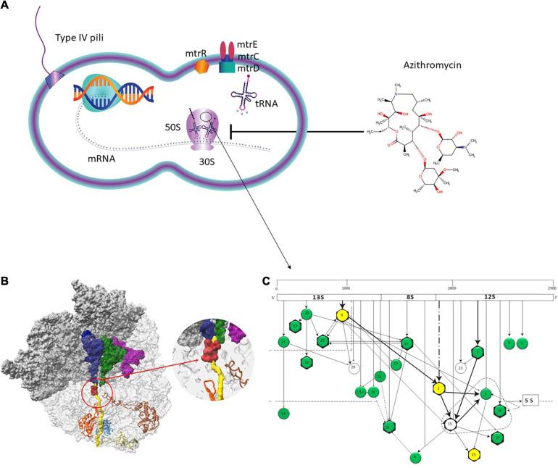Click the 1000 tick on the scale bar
click(x=346, y=288)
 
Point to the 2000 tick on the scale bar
click(x=453, y=288)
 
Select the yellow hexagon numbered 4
click(x=341, y=317)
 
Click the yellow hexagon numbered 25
click(x=472, y=454)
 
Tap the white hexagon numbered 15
click(x=450, y=423)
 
